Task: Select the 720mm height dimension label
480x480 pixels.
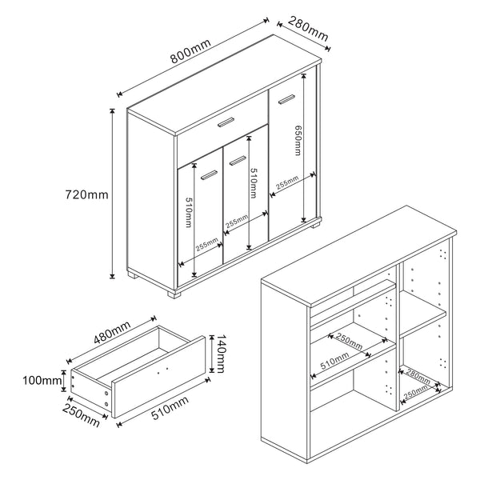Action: tap(86, 194)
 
